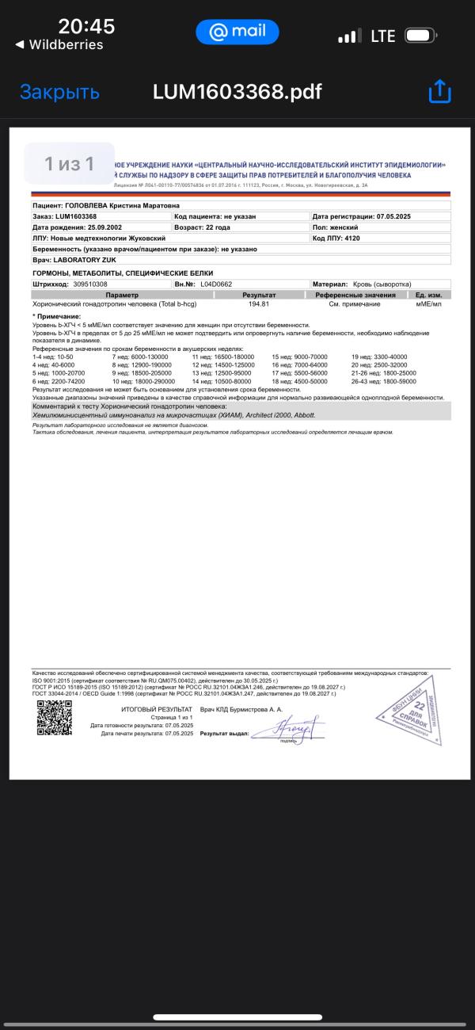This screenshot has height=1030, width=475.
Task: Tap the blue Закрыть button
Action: [59, 92]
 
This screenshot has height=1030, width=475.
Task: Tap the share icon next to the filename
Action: [439, 92]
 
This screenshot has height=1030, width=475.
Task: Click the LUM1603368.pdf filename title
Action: [237, 92]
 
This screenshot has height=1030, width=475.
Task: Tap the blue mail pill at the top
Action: [237, 32]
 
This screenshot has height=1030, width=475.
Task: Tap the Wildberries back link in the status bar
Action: [59, 45]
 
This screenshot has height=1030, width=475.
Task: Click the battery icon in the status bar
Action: [420, 36]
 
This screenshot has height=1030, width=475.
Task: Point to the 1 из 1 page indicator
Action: [70, 164]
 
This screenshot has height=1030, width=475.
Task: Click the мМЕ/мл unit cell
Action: [428, 303]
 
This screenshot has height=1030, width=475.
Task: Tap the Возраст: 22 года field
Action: [202, 227]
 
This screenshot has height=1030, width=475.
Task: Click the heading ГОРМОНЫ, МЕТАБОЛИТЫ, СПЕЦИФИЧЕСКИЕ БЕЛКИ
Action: [111, 273]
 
